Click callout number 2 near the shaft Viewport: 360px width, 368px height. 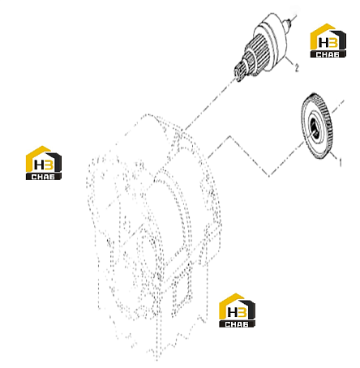click(x=297, y=68)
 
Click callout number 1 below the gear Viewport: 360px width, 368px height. click(x=341, y=162)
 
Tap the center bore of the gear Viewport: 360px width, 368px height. click(x=314, y=128)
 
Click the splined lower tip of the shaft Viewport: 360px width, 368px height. click(x=239, y=73)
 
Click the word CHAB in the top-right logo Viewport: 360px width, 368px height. click(x=328, y=54)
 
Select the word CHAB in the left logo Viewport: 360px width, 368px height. click(x=43, y=177)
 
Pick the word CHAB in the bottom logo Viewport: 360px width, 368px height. click(x=237, y=324)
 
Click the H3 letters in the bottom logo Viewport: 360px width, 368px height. click(x=237, y=312)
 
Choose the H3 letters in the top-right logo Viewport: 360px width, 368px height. click(x=328, y=42)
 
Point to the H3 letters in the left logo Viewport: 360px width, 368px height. click(x=44, y=165)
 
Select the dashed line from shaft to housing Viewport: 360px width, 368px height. click(x=209, y=105)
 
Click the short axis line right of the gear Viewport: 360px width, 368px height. click(x=337, y=106)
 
